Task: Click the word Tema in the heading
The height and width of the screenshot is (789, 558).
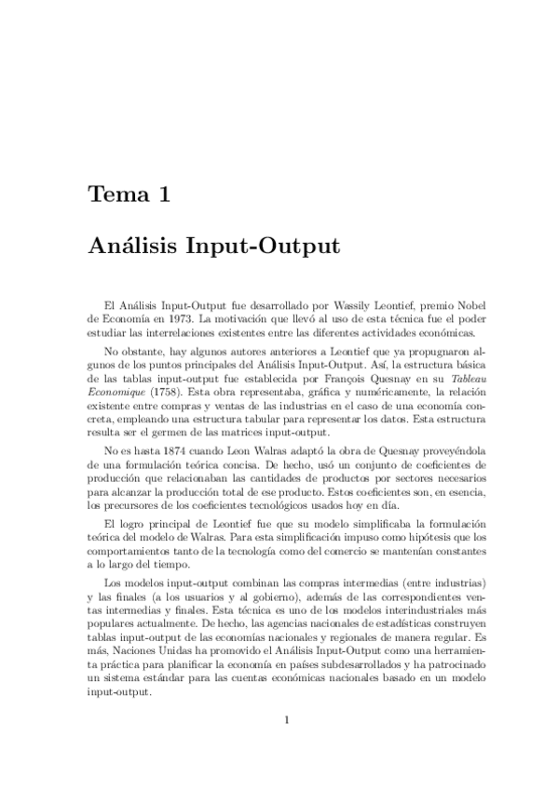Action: click(115, 196)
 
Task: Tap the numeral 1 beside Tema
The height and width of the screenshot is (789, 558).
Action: click(163, 196)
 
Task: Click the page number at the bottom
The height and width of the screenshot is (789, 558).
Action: click(288, 719)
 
